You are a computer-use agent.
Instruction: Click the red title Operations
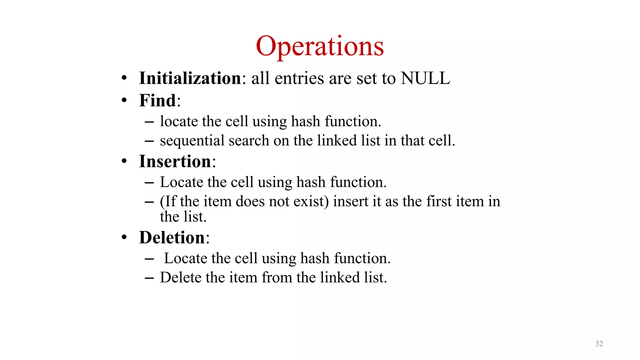coord(320,46)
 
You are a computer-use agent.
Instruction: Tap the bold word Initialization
coord(190,78)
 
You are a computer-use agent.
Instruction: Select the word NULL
coord(425,78)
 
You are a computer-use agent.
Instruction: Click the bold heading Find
coord(157,101)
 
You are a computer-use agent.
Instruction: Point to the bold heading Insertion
coord(175,162)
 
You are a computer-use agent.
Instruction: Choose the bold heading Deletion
coord(172,237)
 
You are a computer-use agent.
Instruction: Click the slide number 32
coord(599,344)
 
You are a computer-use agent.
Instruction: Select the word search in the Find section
coord(249,141)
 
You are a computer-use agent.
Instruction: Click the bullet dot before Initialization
coord(124,78)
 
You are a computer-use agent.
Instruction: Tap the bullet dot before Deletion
coord(124,237)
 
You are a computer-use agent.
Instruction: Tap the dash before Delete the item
coord(149,278)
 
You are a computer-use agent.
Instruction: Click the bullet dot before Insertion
coord(124,162)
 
